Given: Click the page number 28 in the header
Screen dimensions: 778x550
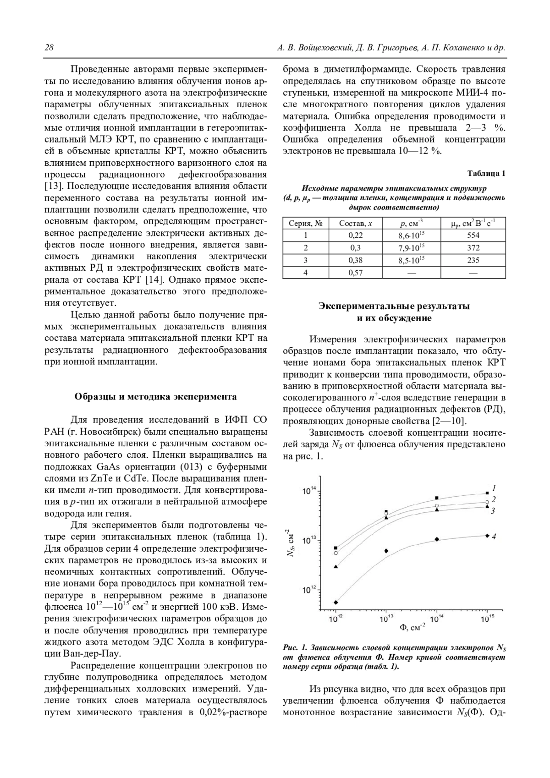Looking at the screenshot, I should (49, 48).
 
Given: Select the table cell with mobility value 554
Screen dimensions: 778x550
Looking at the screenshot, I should (473, 235).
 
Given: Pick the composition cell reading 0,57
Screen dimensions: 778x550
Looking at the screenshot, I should (355, 272).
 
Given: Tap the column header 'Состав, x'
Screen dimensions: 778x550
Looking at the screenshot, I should (355, 223).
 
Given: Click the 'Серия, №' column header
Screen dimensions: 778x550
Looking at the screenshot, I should (306, 223).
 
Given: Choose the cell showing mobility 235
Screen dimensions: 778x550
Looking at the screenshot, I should (473, 260).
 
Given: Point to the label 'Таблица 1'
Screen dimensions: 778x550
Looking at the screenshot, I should (486, 173).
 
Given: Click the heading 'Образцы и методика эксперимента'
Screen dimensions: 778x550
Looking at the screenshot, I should (156, 396).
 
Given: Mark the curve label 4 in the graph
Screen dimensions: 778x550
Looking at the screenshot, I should (494, 536).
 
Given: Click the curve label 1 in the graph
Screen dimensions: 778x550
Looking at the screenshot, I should (494, 488).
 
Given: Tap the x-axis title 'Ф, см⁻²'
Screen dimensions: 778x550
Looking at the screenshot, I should (412, 627).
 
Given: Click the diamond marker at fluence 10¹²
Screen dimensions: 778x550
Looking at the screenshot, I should (336, 602).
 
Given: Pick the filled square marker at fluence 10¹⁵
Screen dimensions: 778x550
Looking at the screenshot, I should (487, 493).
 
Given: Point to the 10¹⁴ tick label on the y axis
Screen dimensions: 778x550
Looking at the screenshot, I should (309, 491).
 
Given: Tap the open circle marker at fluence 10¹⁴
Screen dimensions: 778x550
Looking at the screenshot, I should (437, 506).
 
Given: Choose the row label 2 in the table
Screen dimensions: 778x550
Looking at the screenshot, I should (306, 247).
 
